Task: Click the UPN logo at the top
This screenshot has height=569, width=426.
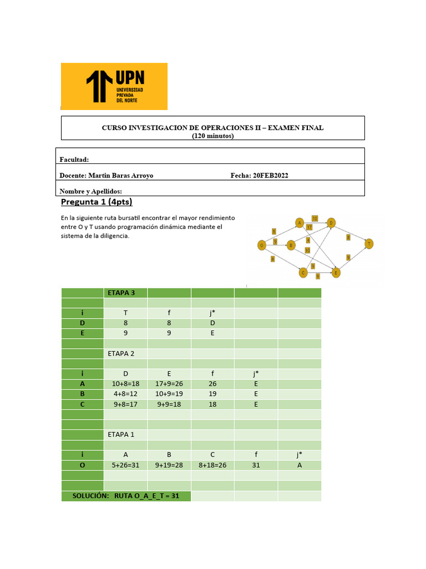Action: pos(114,86)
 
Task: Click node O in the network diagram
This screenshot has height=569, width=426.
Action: pos(261,244)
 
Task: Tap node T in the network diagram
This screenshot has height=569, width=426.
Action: pos(368,243)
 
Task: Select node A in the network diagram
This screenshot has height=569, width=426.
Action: pos(299,223)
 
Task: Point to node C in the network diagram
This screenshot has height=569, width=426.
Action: pos(303,272)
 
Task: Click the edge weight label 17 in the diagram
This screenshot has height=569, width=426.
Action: pos(310,227)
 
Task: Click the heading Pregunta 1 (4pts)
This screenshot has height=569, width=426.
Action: pos(97,202)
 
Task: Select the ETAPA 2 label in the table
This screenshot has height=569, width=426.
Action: pos(120,353)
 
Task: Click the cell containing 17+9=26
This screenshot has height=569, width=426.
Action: pos(169,384)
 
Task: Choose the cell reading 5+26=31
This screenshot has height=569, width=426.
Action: pos(125,465)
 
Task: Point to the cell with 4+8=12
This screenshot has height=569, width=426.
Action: pos(125,394)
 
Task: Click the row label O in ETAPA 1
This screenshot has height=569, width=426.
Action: pos(82,465)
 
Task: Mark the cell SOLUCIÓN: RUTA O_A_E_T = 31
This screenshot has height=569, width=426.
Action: pos(126,496)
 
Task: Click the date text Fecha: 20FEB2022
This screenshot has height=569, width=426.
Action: pos(259,176)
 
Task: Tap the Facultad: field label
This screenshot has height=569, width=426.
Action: pos(74,160)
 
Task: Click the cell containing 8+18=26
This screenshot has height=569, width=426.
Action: pos(212,465)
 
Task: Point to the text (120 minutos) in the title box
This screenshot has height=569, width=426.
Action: pos(212,136)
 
